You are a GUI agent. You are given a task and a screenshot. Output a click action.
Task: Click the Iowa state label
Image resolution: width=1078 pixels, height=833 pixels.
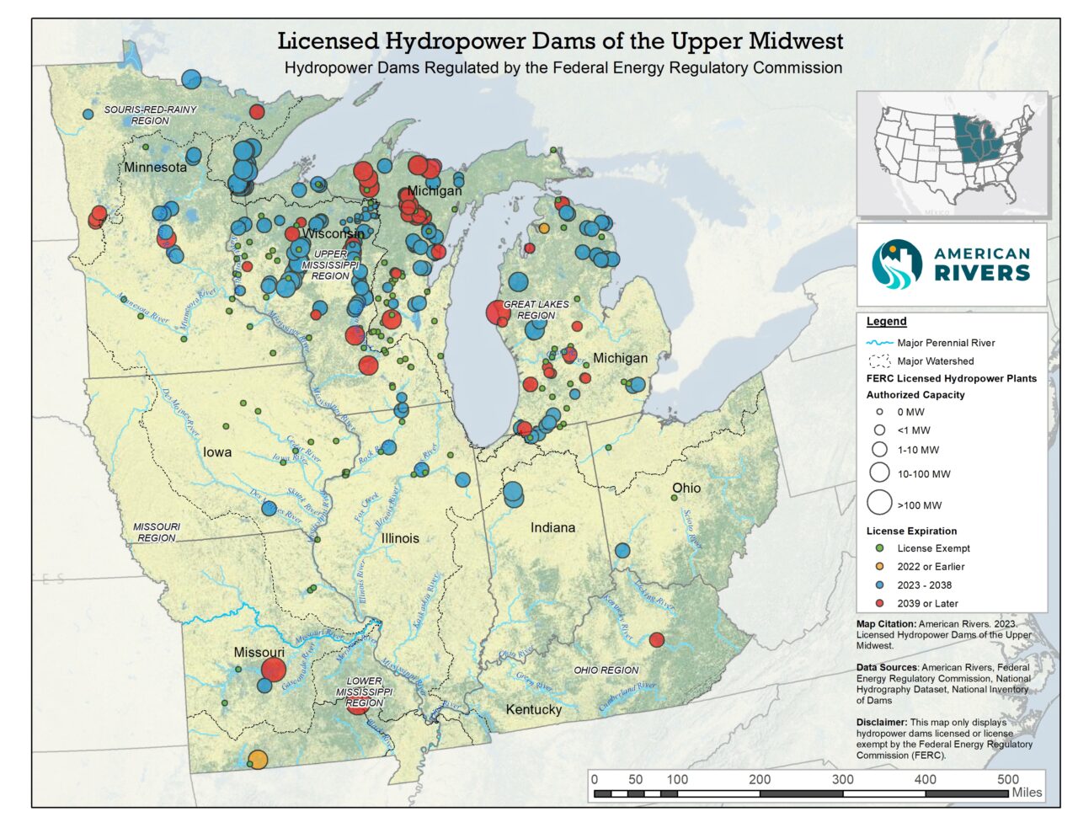tap(217, 452)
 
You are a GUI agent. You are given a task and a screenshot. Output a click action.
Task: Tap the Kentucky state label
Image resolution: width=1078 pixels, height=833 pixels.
tap(533, 710)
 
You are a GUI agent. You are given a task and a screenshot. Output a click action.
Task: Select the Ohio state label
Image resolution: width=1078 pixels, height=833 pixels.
tap(686, 489)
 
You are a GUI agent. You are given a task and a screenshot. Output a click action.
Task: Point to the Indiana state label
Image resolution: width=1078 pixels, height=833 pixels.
tap(552, 528)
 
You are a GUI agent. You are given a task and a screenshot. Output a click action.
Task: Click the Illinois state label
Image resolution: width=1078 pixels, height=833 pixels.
tap(400, 538)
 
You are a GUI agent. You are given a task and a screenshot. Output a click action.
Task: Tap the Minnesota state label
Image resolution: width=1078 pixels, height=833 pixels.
tap(156, 168)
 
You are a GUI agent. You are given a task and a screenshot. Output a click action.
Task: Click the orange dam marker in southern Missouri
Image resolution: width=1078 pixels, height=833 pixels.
tap(258, 760)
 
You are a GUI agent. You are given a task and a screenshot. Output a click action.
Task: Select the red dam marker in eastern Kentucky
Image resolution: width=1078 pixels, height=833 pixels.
tap(657, 640)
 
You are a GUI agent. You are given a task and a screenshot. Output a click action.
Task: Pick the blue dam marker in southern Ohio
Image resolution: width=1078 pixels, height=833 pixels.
tap(622, 551)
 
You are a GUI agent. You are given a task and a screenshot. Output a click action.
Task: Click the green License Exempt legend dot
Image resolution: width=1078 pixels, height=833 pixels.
tap(879, 548)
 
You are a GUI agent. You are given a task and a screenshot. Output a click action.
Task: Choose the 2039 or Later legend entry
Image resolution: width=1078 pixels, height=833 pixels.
tap(927, 604)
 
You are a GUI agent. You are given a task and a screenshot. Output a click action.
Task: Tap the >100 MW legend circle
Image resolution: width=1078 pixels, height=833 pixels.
tap(879, 503)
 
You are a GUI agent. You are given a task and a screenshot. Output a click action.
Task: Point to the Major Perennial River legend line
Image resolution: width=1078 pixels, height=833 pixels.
tap(879, 343)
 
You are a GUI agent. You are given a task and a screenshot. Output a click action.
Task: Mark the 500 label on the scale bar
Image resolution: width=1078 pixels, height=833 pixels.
tap(1007, 779)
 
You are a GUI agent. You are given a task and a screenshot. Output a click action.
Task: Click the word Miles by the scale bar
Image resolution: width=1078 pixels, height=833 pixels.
tap(1027, 793)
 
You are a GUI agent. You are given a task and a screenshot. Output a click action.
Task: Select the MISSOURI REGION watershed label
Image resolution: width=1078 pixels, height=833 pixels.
tap(157, 532)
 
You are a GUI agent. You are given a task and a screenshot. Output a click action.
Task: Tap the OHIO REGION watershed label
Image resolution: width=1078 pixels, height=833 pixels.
tap(606, 670)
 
